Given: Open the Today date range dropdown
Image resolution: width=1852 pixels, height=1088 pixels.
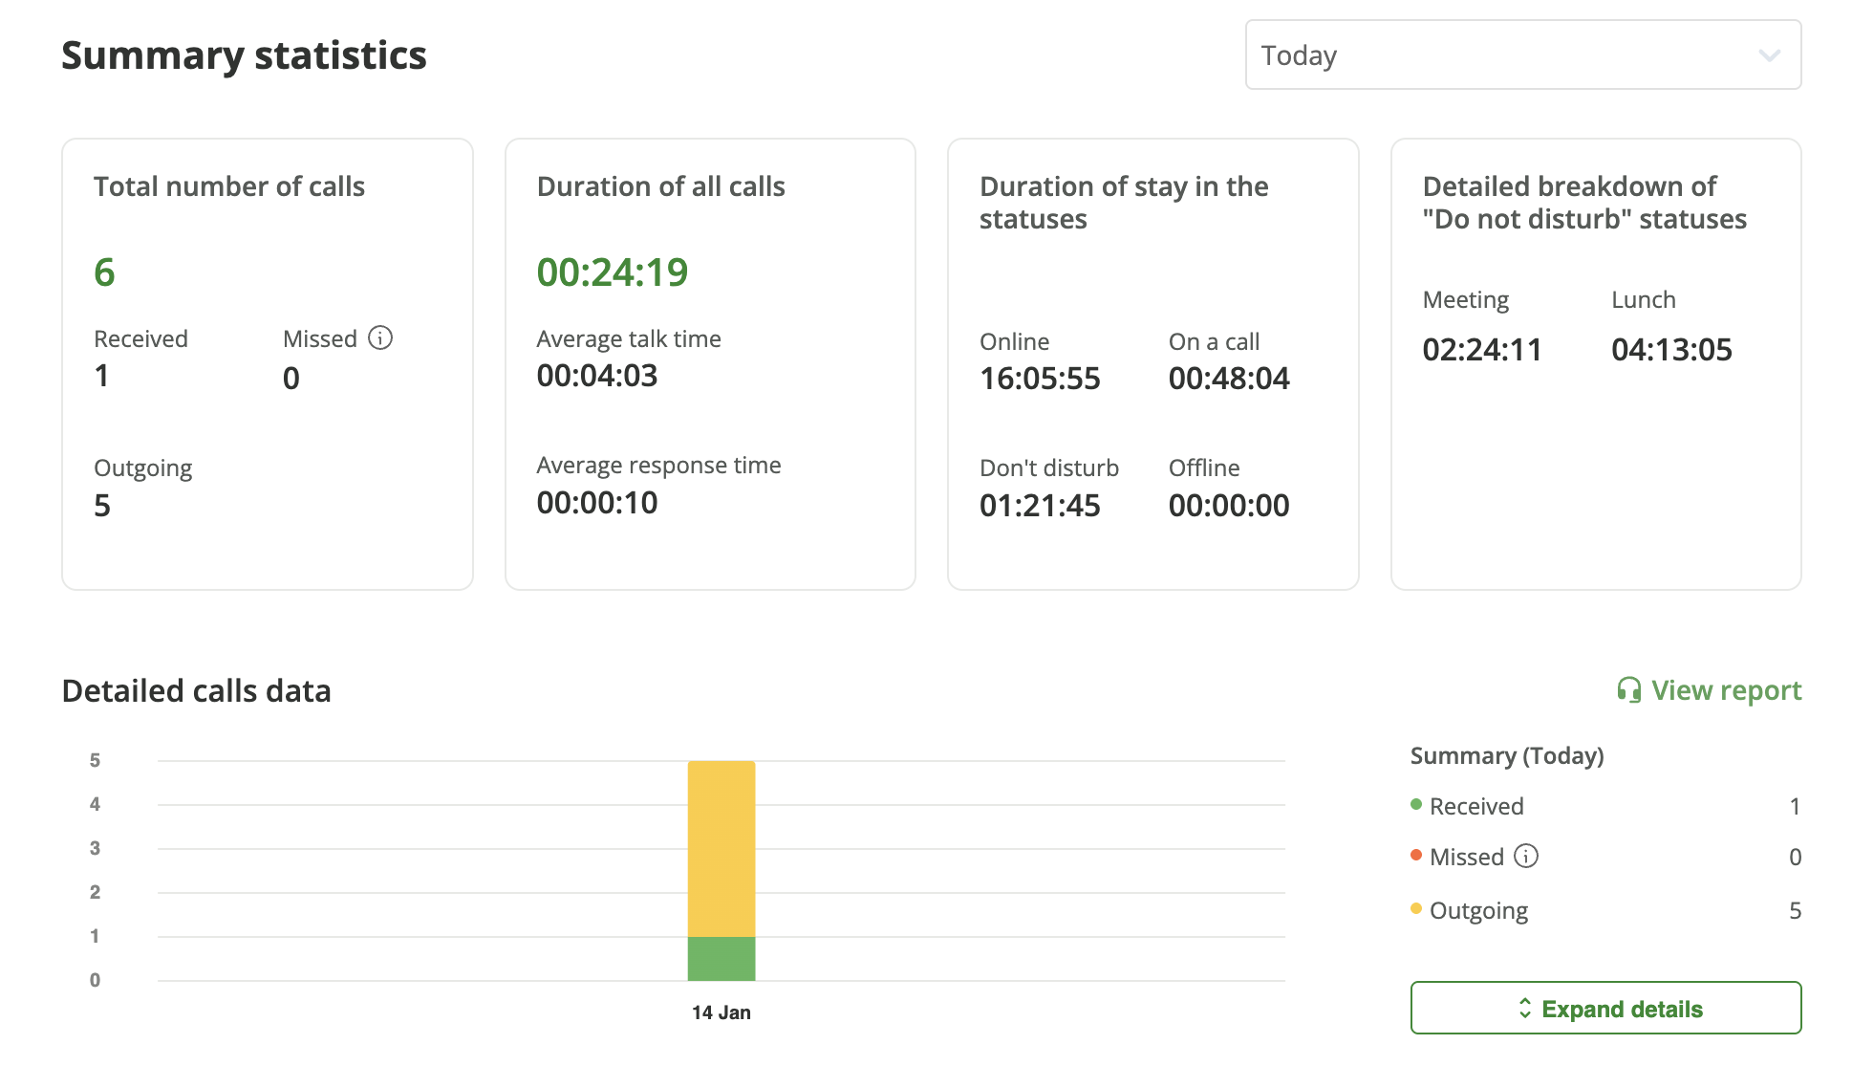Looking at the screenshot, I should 1522,55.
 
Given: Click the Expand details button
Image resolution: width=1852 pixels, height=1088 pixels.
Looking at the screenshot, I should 1605,1009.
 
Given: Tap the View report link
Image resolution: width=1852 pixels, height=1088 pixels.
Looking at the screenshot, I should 1710,690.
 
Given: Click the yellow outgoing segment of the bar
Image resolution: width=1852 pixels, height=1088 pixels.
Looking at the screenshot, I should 721,849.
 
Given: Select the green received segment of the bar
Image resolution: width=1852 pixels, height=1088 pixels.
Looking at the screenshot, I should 721,959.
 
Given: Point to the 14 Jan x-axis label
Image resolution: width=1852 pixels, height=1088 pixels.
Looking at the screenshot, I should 721,1012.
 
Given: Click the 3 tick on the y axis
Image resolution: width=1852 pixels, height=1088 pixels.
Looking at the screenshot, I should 95,848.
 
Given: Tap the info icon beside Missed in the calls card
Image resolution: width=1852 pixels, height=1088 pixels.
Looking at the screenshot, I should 380,338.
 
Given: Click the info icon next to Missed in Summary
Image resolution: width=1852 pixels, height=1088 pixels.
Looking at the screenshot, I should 1526,857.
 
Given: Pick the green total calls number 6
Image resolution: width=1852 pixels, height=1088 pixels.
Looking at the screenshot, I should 104,272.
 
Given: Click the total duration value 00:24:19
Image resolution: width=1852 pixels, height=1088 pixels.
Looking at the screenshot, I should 612,272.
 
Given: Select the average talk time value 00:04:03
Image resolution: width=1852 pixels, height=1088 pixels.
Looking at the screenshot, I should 597,376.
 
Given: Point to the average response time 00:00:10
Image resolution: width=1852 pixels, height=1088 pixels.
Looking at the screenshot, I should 597,503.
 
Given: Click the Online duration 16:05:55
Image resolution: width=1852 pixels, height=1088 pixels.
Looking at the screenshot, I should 1040,379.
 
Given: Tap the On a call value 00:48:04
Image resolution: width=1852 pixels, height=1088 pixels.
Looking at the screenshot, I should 1229,379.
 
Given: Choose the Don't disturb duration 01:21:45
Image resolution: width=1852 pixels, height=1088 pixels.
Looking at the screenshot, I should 1040,506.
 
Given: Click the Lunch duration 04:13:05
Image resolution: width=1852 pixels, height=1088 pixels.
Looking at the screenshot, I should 1671,350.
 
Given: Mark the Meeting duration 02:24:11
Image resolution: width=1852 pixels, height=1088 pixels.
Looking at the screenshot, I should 1482,350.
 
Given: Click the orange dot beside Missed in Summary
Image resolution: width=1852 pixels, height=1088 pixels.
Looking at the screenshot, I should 1416,855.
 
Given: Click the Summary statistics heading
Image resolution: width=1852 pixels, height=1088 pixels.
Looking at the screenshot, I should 244,55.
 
